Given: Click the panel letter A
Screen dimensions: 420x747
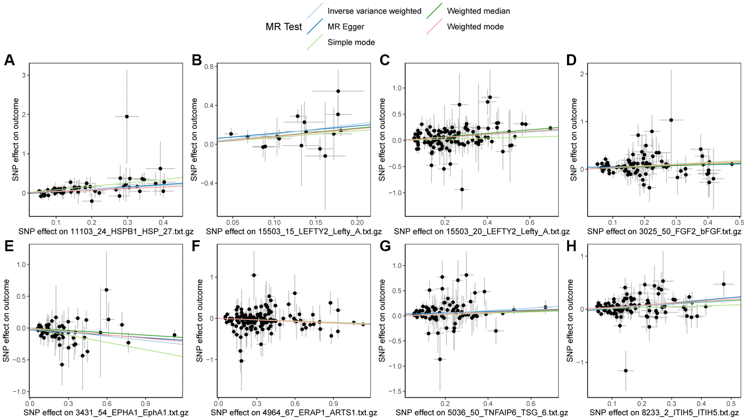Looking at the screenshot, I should pos(9,60).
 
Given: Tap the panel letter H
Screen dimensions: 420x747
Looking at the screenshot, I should pos(571,246).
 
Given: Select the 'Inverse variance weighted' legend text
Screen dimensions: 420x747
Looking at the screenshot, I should pos(374,11).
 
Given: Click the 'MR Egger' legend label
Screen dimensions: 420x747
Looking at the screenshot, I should pos(345,27).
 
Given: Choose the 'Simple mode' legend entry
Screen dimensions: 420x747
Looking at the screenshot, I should pos(351,42).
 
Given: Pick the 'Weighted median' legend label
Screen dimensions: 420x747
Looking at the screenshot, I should pos(478,11).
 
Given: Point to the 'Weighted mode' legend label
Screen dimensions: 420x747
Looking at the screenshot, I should pos(475,27).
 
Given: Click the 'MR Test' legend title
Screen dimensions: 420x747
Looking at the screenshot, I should pos(283,27).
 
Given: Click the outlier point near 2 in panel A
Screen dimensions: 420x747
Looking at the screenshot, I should pos(127,116).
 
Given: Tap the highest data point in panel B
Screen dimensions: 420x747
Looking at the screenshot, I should pos(338,91).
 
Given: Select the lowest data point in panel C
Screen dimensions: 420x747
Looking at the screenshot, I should pos(462,189).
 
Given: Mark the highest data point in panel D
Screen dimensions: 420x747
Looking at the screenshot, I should pos(671,120).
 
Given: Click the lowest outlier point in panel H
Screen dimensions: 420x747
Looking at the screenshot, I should pos(626,370).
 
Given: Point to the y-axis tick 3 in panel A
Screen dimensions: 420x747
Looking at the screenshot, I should pos(24,75).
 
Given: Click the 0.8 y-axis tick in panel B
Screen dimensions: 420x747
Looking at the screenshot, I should pos(209,67).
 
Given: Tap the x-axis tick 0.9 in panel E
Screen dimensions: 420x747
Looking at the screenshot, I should pos(145,404).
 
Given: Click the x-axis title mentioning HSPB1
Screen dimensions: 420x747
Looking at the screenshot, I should pos(106,232).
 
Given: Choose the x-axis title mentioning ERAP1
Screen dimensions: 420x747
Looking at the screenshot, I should pos(294,413).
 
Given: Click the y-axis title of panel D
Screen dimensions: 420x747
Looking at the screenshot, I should pos(574,139).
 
